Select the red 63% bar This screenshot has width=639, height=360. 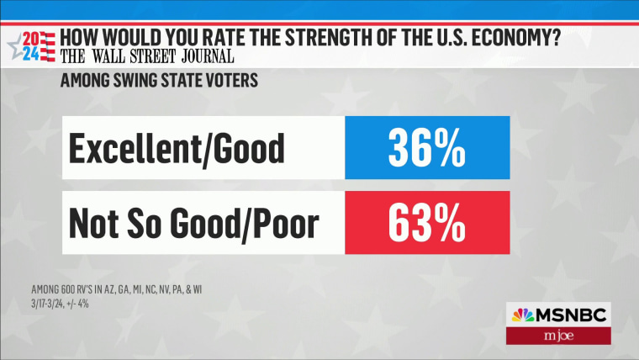427,222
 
